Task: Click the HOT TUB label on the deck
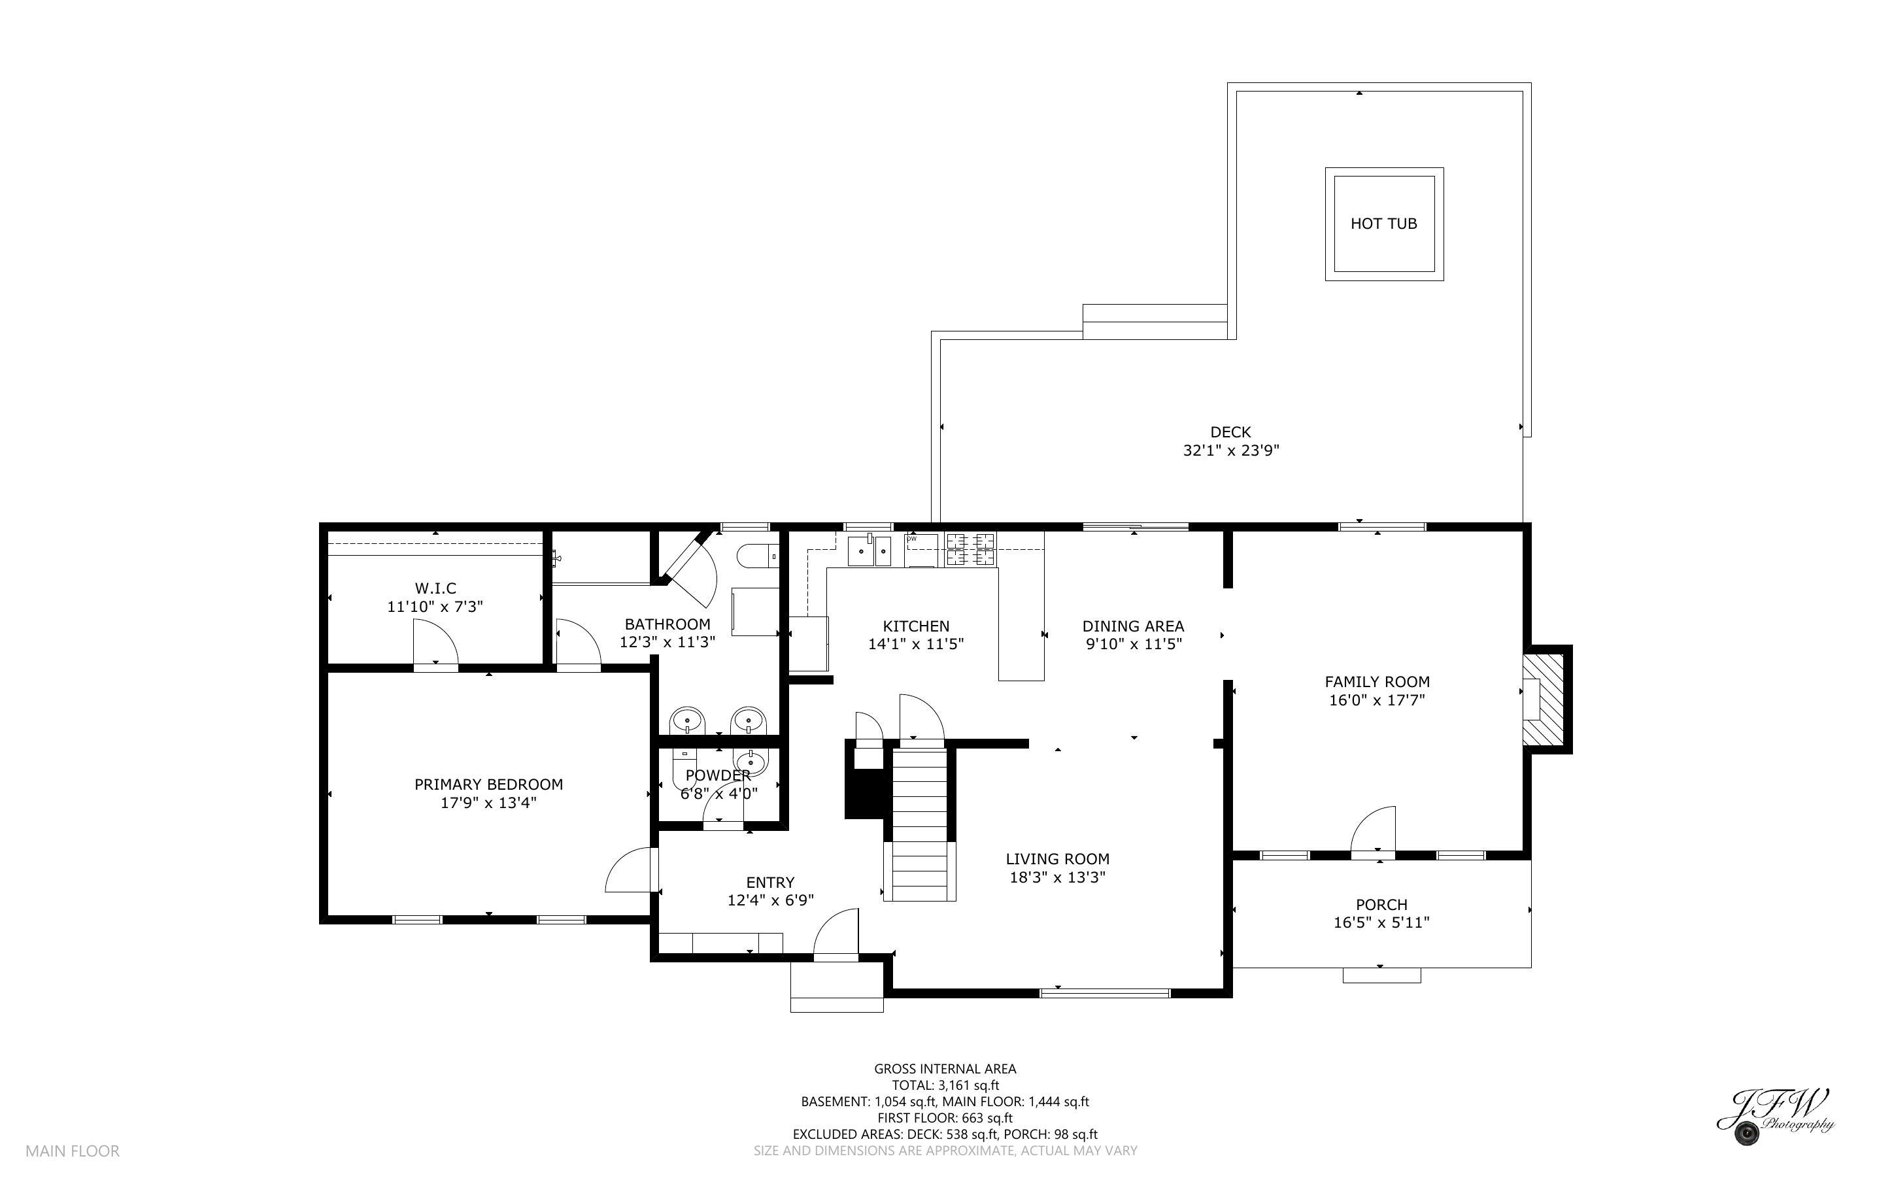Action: click(x=1383, y=224)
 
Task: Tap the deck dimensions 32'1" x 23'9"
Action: click(x=1230, y=450)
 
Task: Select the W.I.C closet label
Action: click(x=435, y=588)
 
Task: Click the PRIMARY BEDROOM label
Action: click(x=488, y=784)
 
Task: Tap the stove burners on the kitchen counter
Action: click(x=971, y=548)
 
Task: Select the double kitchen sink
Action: click(x=870, y=550)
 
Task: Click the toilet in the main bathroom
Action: click(x=756, y=556)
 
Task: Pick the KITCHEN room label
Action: click(x=916, y=626)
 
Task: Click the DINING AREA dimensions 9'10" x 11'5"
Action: click(x=1133, y=644)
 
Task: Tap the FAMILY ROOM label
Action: click(x=1377, y=682)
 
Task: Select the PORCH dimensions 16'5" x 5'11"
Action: click(x=1381, y=922)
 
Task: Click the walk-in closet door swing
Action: click(x=435, y=642)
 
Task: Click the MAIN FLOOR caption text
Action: click(x=73, y=1151)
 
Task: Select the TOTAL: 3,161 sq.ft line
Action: click(x=945, y=1085)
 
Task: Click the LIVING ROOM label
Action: click(x=1057, y=859)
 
